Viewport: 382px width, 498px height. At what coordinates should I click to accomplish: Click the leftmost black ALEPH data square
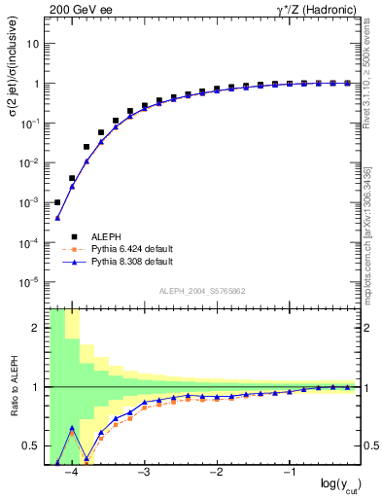[57, 202]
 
